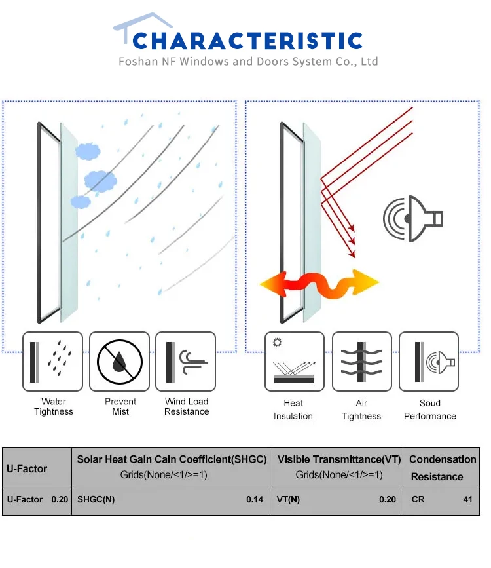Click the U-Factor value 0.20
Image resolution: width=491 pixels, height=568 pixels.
(x=60, y=499)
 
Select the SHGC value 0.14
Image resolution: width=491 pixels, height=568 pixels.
(x=255, y=499)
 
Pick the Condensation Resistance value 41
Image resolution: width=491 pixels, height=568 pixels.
(x=467, y=499)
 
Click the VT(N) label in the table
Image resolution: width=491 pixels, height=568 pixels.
(x=289, y=499)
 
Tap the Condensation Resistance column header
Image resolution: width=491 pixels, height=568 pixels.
(x=443, y=468)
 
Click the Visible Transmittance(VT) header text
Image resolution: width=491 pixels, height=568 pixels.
(x=339, y=460)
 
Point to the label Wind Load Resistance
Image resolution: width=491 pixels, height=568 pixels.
(x=187, y=407)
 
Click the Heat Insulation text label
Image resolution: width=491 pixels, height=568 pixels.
(x=293, y=409)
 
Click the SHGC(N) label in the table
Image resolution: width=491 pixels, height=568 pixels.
(x=96, y=499)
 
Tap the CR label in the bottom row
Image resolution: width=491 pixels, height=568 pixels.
(x=418, y=499)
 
